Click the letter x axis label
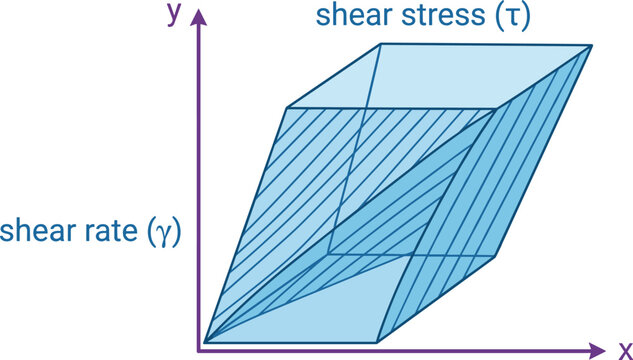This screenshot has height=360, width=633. tap(626, 350)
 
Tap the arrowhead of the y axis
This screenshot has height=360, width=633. tap(198, 17)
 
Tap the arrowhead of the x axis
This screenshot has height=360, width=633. tap(597, 350)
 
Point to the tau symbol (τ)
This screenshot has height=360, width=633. tap(513, 18)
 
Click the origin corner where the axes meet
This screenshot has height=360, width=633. tap(198, 350)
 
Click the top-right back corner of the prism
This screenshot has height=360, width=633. tap(592, 46)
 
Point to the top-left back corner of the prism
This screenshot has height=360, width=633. tap(381, 44)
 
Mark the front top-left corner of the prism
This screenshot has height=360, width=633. tap(287, 108)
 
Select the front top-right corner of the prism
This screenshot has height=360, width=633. tap(496, 109)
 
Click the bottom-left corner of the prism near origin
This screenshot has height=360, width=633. tap(205, 342)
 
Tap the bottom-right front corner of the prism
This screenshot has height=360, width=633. tap(377, 343)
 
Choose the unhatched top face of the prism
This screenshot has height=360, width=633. tap(440, 77)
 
